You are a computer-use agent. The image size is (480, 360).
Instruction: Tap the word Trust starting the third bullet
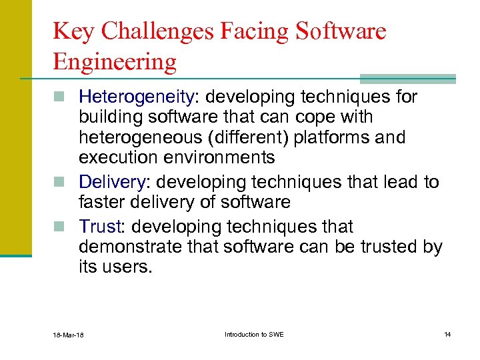tap(99, 227)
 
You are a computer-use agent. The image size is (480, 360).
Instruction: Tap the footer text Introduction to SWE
tap(254, 334)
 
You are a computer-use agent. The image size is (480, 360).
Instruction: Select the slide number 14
tap(447, 334)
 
